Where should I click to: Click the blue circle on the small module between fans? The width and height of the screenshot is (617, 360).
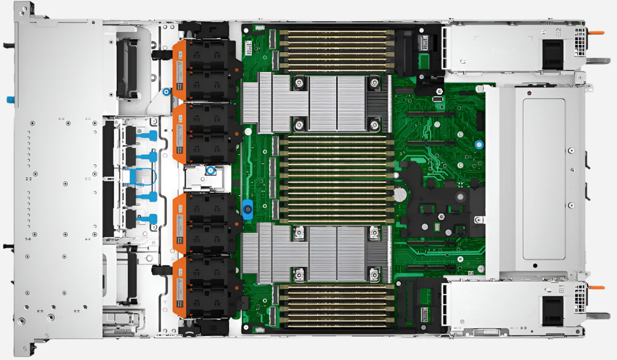point(210,170)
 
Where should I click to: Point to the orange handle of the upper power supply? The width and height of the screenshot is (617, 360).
point(596,32)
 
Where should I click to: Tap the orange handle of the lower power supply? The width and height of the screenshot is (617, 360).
point(596,287)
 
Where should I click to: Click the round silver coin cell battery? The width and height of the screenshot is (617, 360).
point(399,195)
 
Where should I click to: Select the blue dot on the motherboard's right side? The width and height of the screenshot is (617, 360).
point(479,144)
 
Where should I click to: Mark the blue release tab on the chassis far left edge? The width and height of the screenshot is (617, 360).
point(10,100)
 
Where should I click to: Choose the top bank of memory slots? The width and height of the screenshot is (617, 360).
point(336,51)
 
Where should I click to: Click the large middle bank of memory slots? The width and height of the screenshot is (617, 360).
point(336,178)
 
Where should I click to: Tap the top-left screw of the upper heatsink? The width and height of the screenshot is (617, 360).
point(300,83)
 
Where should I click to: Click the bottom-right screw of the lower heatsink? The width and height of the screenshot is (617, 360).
point(374,274)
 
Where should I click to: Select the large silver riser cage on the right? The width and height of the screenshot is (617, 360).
point(537,179)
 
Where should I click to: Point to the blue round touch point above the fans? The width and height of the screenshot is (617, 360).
point(166,92)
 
